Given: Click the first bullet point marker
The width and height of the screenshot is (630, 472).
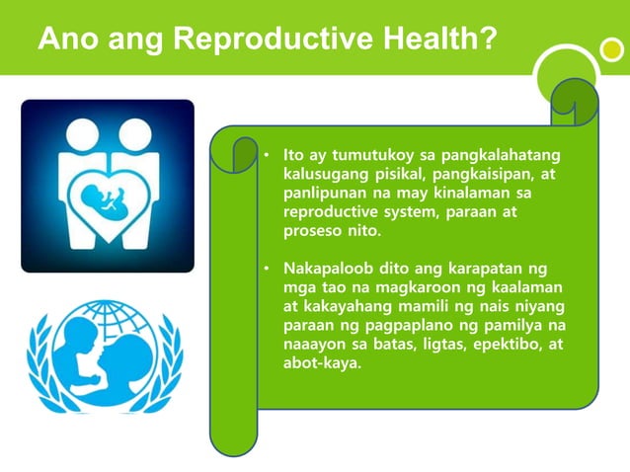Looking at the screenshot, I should (266, 157).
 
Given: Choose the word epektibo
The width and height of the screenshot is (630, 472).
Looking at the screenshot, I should (505, 344).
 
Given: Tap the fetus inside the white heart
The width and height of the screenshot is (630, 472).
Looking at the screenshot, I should (107, 196).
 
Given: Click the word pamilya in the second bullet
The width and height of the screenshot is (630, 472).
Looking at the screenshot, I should (534, 325).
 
